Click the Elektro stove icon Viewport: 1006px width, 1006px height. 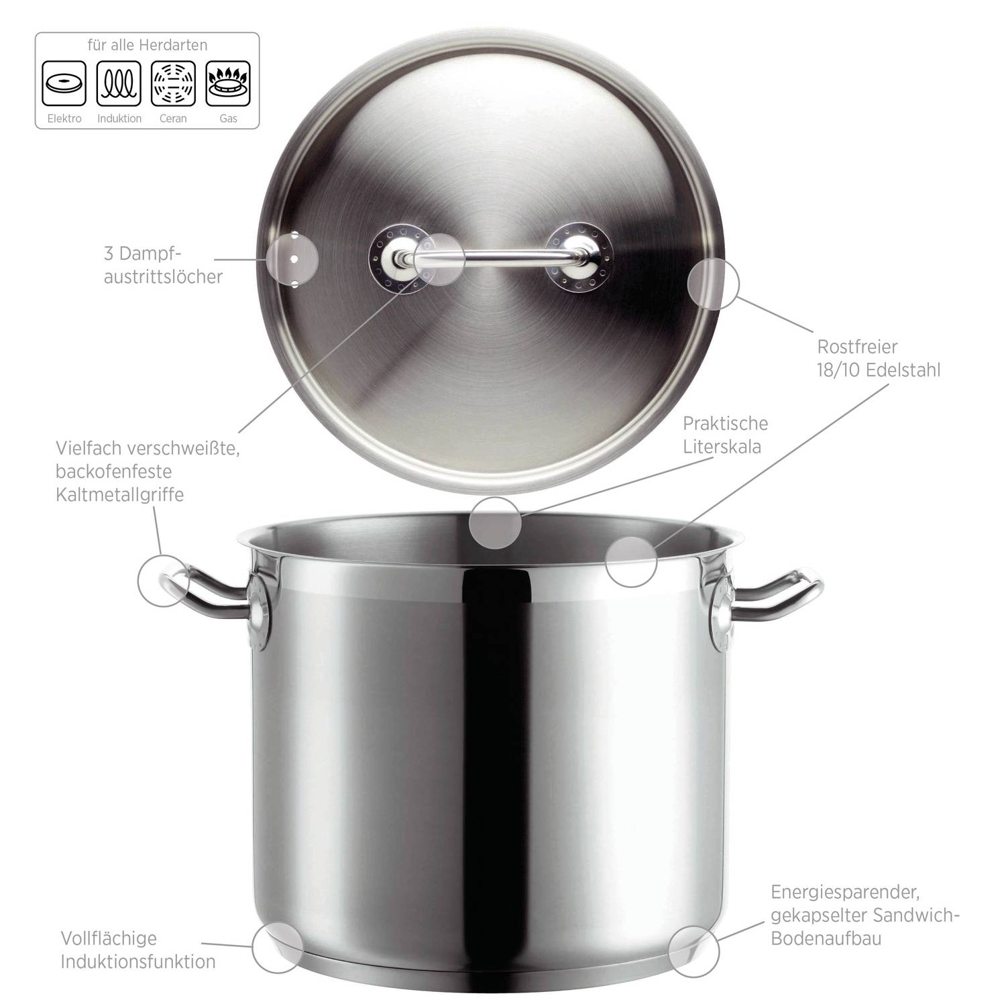64,84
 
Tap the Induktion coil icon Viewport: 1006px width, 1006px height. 119,84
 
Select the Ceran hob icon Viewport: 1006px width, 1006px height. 173,84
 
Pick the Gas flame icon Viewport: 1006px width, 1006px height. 228,84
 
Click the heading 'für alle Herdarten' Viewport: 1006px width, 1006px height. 148,46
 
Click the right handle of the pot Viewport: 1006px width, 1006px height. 778,594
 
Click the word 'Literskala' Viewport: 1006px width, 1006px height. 722,447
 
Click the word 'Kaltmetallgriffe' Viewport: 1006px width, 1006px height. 120,494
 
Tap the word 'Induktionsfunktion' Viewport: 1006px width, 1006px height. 138,961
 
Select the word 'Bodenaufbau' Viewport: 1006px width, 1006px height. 826,938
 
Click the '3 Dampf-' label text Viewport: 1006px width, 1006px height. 143,254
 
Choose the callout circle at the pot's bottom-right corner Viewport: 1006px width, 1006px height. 693,951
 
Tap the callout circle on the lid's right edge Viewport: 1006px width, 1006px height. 714,284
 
